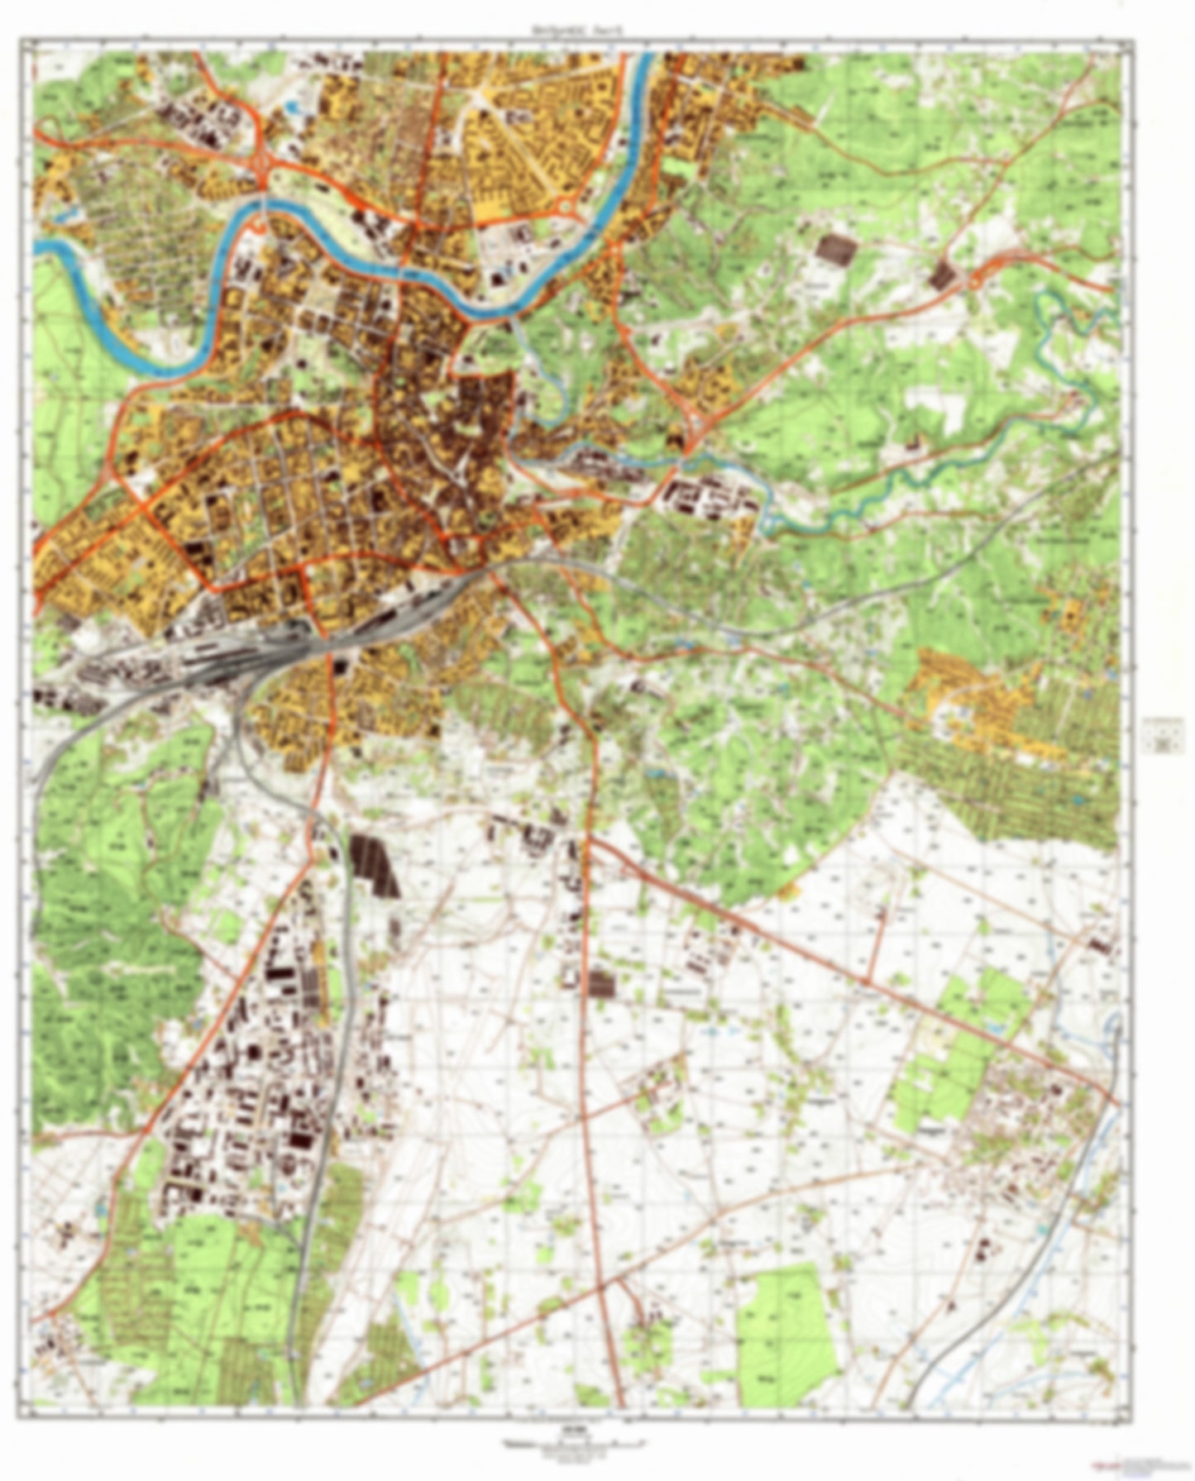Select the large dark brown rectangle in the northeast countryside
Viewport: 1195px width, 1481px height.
click(x=837, y=249)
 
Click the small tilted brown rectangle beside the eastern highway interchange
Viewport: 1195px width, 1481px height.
click(x=942, y=275)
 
